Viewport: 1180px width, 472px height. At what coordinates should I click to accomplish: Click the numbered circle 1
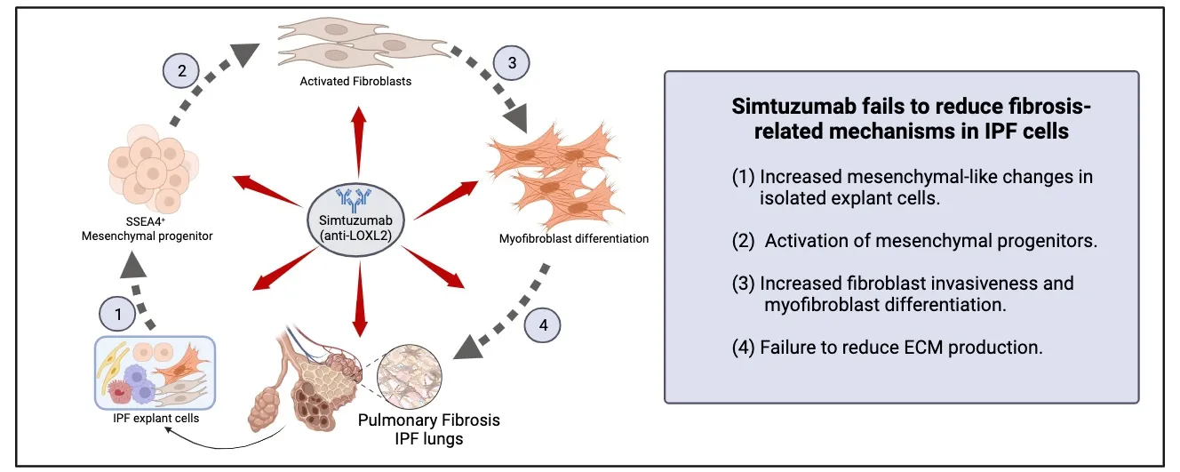(x=116, y=313)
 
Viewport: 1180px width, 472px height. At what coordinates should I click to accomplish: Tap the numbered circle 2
(x=182, y=71)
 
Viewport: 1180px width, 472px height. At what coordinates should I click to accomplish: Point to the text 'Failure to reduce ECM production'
(x=902, y=348)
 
